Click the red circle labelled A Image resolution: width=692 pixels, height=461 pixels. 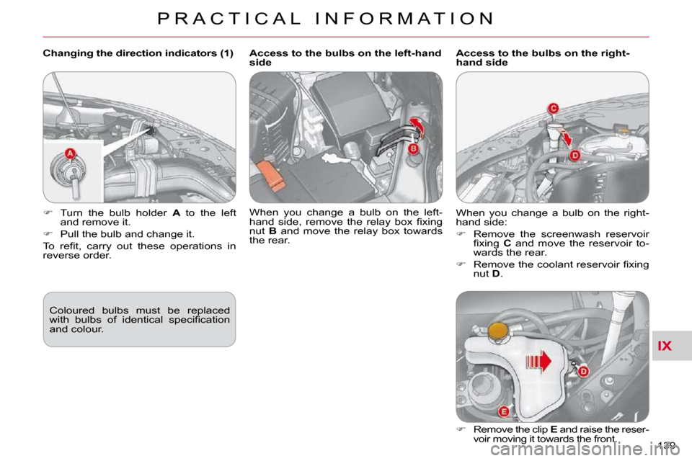(x=70, y=154)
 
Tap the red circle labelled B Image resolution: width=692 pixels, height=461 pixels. (x=412, y=148)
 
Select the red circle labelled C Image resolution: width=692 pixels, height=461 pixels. (x=553, y=108)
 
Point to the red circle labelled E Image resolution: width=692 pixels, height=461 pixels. (x=504, y=411)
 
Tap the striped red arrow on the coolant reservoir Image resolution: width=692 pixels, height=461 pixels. (x=538, y=362)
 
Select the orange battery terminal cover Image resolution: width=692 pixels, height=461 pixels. (x=270, y=176)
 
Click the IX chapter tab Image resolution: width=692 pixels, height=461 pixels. (x=664, y=346)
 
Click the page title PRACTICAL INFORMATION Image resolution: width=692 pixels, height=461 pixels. (x=326, y=19)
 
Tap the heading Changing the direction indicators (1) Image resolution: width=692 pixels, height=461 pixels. (x=138, y=53)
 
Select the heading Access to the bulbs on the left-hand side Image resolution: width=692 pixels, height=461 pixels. (x=345, y=58)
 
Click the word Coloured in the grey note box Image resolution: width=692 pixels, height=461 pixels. (x=71, y=310)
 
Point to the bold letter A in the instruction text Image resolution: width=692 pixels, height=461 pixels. (x=177, y=212)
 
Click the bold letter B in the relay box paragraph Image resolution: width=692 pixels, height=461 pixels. (x=272, y=231)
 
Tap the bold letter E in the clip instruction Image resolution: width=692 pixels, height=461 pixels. (x=554, y=429)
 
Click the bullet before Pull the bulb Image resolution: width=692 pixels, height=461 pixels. (x=48, y=233)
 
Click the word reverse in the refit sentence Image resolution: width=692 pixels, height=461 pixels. (x=60, y=256)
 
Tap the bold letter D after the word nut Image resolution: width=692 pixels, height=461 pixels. (x=496, y=274)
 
